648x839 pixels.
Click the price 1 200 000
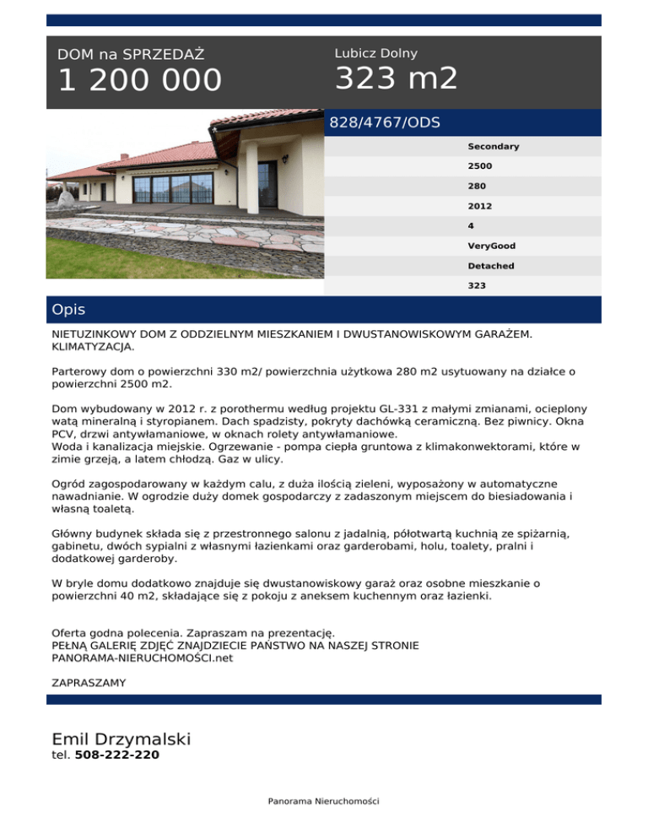click(x=139, y=81)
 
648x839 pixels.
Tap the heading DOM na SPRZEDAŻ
click(x=131, y=55)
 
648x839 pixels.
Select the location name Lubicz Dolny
click(x=375, y=53)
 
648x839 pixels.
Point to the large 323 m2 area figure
click(x=397, y=79)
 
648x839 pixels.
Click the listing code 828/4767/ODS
click(x=385, y=123)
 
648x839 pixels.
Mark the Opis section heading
click(x=68, y=310)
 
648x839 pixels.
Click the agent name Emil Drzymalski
click(x=121, y=739)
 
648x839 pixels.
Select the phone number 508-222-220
click(x=117, y=755)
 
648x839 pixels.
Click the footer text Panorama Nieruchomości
click(x=324, y=800)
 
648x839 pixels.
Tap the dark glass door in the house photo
click(x=267, y=184)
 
